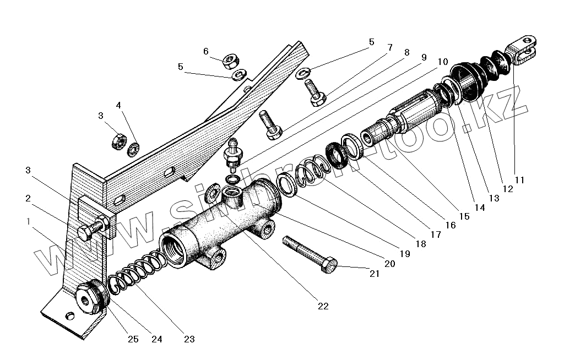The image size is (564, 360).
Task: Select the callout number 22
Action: pyautogui.click(x=323, y=306)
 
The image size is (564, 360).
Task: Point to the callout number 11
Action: pyautogui.click(x=520, y=180)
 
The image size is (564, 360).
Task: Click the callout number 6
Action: pyautogui.click(x=206, y=51)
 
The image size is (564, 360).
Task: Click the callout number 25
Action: pyautogui.click(x=133, y=339)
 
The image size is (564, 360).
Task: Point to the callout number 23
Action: pyautogui.click(x=189, y=339)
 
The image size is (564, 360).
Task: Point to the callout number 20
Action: pyautogui.click(x=389, y=264)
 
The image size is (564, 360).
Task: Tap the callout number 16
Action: pyautogui.click(x=450, y=225)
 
